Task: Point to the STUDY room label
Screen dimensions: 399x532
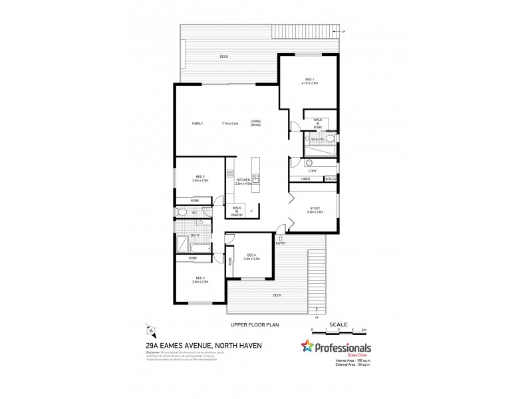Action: click(315, 208)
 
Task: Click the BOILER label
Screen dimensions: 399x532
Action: click(331, 179)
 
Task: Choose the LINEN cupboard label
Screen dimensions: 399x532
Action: click(306, 179)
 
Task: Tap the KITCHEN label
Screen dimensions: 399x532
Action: click(243, 180)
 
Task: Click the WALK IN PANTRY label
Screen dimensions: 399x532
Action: click(235, 211)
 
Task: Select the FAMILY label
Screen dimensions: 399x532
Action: click(198, 124)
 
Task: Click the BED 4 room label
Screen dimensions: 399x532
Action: click(251, 255)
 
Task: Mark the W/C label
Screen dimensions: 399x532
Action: click(196, 213)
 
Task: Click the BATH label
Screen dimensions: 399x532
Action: click(195, 235)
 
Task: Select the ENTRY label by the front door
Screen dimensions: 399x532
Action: click(281, 243)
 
